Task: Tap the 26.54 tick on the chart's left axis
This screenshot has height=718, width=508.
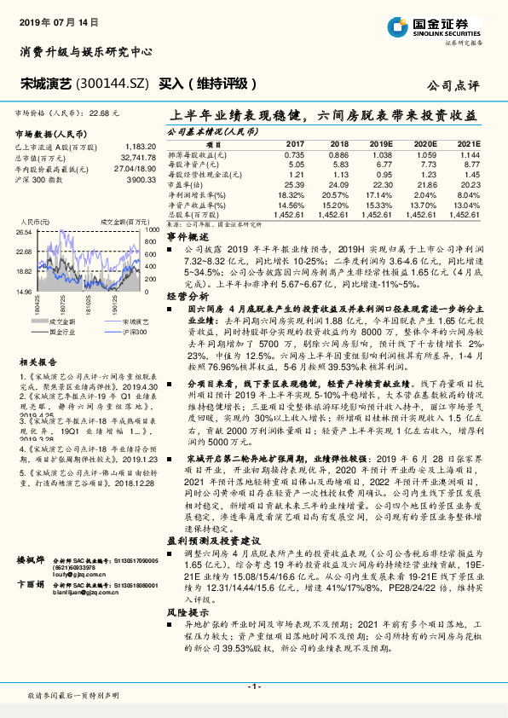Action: click(x=24, y=231)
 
